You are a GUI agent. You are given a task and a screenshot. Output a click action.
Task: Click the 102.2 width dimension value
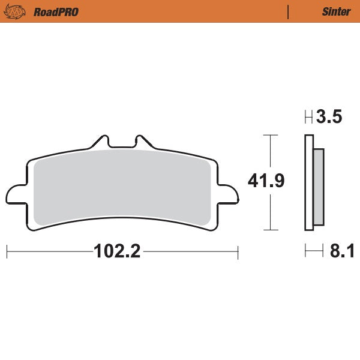pos(117,251)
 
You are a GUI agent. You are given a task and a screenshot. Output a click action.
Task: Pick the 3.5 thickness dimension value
pos(329,117)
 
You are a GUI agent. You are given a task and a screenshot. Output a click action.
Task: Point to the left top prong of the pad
pos(101,141)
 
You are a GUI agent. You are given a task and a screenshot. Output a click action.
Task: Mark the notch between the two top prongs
pos(122,146)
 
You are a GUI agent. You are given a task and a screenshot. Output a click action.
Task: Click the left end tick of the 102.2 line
pos(7,251)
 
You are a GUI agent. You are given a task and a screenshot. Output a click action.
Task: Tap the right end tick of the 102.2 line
pos(238,251)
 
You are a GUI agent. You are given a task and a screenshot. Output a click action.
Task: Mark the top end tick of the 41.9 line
pos(271,135)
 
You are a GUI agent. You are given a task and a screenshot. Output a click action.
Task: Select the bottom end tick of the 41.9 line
pos(271,230)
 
